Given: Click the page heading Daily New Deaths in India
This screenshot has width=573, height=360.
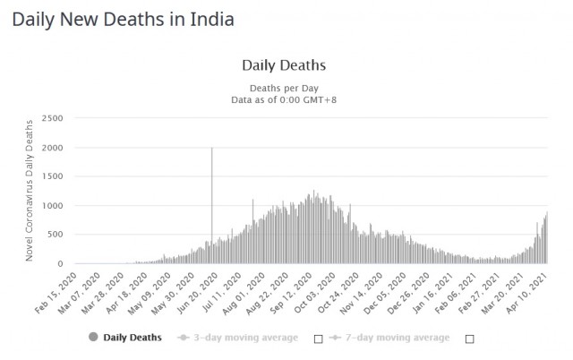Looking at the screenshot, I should point(124,19).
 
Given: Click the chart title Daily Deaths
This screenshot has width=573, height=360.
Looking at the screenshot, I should point(284,65).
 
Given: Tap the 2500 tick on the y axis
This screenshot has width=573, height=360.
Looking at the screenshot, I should point(52,118).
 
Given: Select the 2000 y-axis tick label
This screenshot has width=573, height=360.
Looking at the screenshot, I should point(52,148).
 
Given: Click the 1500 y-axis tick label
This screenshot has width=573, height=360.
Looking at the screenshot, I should point(52,176).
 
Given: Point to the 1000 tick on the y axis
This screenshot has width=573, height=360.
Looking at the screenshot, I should point(52,206).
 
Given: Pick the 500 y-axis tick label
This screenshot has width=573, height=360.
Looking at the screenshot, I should point(55,235).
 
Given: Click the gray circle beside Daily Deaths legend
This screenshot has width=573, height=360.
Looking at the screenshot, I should point(92,338).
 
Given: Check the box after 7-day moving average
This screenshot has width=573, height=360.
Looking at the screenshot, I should point(469,339).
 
